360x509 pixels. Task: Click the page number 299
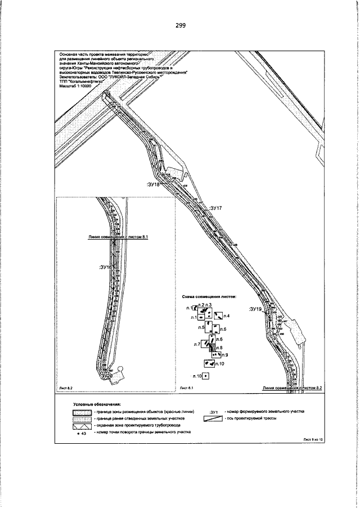click(180, 25)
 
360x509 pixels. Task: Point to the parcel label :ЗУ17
click(217, 208)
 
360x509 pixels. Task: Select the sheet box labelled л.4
click(218, 316)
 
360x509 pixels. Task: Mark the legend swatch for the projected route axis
click(214, 418)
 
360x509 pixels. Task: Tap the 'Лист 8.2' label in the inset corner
click(66, 388)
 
